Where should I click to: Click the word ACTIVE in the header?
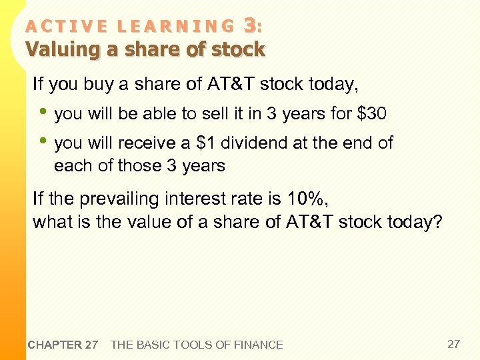(x=67, y=27)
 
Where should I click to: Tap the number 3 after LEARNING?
(x=250, y=25)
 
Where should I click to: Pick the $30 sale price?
(x=371, y=114)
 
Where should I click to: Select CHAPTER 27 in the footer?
(x=63, y=345)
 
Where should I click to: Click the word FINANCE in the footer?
(x=257, y=345)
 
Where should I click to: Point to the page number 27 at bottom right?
(x=453, y=344)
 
